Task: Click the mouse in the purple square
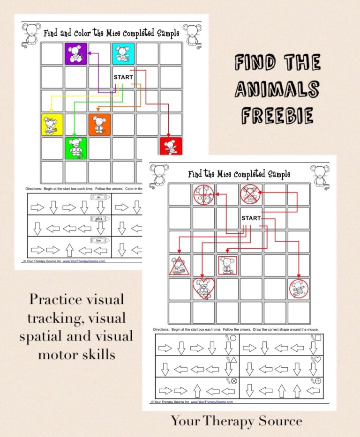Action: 75,54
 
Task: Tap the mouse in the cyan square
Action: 123,54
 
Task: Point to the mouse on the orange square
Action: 99,125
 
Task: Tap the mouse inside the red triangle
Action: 180,266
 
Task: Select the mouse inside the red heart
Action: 203,289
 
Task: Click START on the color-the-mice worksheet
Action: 123,77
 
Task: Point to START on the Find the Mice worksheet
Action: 251,218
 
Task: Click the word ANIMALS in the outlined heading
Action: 277,89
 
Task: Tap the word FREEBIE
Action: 277,115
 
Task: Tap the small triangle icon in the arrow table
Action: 233,360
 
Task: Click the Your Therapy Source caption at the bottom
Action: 236,421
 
